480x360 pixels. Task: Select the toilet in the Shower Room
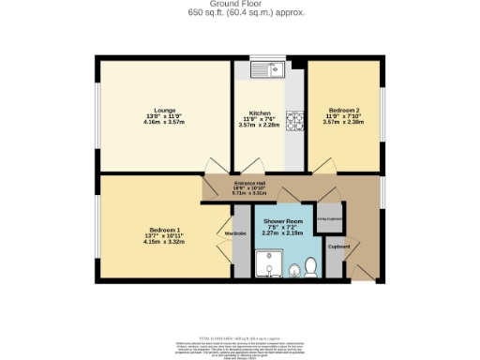tap(296, 270)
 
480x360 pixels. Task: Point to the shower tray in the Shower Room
tap(267, 265)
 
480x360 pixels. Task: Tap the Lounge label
tap(164, 109)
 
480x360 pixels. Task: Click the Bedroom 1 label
tap(164, 230)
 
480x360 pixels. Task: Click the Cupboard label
tap(338, 247)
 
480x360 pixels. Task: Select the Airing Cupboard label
tap(329, 215)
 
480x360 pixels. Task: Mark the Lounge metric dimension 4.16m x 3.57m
tap(164, 122)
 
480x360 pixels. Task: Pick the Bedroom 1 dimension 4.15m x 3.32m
tap(164, 242)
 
